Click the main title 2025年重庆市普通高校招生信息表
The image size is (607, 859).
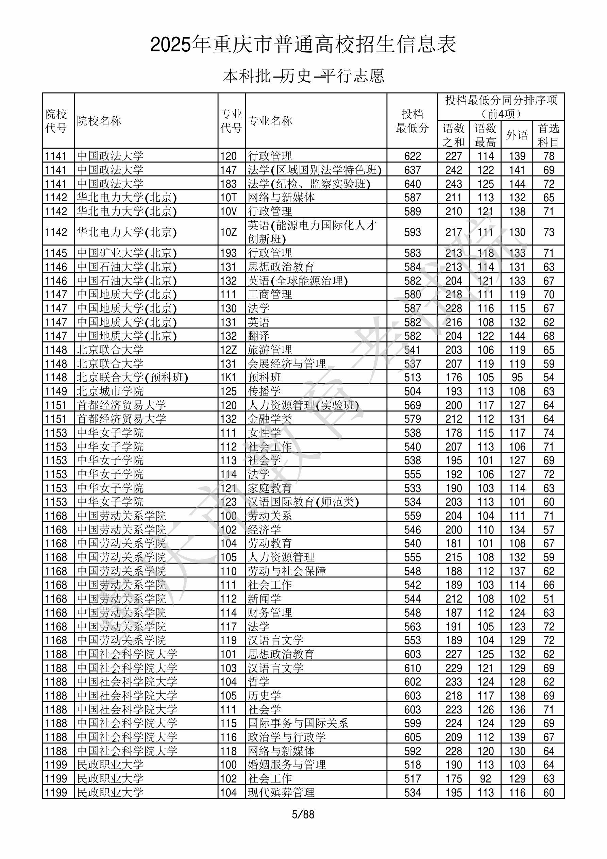pyautogui.click(x=303, y=45)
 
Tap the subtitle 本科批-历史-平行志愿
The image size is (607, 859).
pyautogui.click(x=303, y=76)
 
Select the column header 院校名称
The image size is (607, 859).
pyautogui.click(x=99, y=121)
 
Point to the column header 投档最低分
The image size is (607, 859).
pyautogui.click(x=412, y=121)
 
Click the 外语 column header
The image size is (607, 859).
pyautogui.click(x=517, y=135)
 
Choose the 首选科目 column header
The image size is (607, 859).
pyautogui.click(x=548, y=135)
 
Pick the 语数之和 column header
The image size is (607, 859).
pyautogui.click(x=453, y=135)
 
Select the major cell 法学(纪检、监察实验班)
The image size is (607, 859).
pyautogui.click(x=309, y=184)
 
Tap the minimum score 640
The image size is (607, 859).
pyautogui.click(x=412, y=184)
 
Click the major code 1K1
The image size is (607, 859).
pyautogui.click(x=229, y=377)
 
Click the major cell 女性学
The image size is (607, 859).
pyautogui.click(x=264, y=433)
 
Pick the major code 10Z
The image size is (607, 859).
pyautogui.click(x=229, y=232)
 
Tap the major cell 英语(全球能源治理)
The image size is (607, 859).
pyautogui.click(x=298, y=281)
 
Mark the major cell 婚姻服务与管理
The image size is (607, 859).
pyautogui.click(x=287, y=765)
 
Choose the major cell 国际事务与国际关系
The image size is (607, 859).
pyautogui.click(x=298, y=723)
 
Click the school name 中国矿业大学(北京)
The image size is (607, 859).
pyautogui.click(x=127, y=253)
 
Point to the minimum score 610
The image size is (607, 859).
pyautogui.click(x=412, y=668)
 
